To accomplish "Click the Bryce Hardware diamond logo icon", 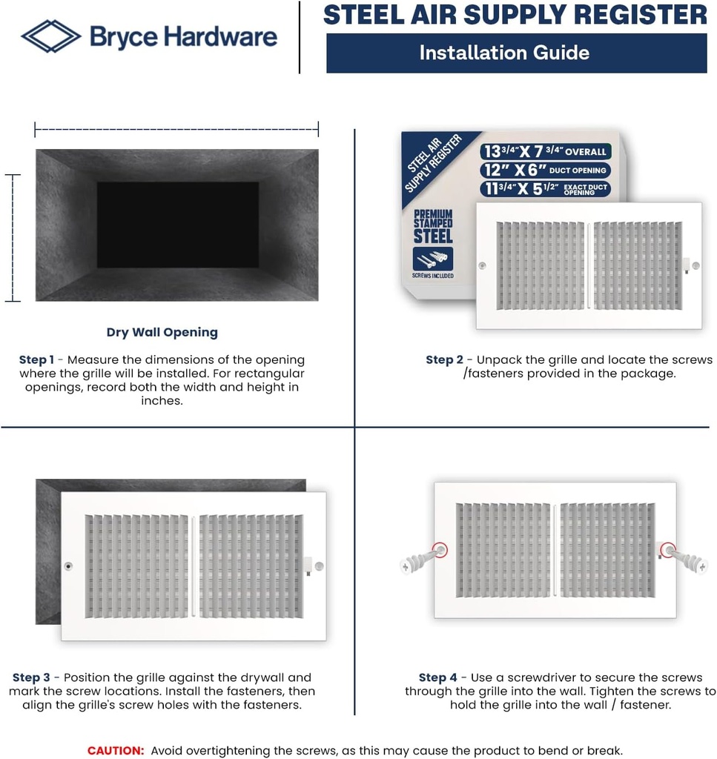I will pyautogui.click(x=51, y=36).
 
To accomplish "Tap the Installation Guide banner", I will pyautogui.click(x=516, y=53).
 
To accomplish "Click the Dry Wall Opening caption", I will pyautogui.click(x=162, y=332).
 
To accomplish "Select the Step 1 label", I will pyautogui.click(x=36, y=359).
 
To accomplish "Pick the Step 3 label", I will pyautogui.click(x=31, y=677).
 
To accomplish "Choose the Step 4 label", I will pyautogui.click(x=437, y=677).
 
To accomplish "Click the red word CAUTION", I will pyautogui.click(x=116, y=750).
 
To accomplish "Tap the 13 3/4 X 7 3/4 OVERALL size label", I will pyautogui.click(x=545, y=151).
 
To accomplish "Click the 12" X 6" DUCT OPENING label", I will pyautogui.click(x=545, y=170).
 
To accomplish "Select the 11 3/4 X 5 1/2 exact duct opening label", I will pyautogui.click(x=545, y=189).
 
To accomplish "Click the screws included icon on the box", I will pyautogui.click(x=433, y=260).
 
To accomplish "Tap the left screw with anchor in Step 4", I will pyautogui.click(x=421, y=560).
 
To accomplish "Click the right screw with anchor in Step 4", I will pyautogui.click(x=686, y=560).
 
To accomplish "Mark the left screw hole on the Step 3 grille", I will pyautogui.click(x=69, y=566).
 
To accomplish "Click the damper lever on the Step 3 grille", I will pyautogui.click(x=307, y=566).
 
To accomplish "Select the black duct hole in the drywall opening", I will pyautogui.click(x=177, y=225).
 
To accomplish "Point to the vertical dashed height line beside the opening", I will pyautogui.click(x=13, y=238).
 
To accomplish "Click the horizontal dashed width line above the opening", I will pyautogui.click(x=176, y=130).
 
